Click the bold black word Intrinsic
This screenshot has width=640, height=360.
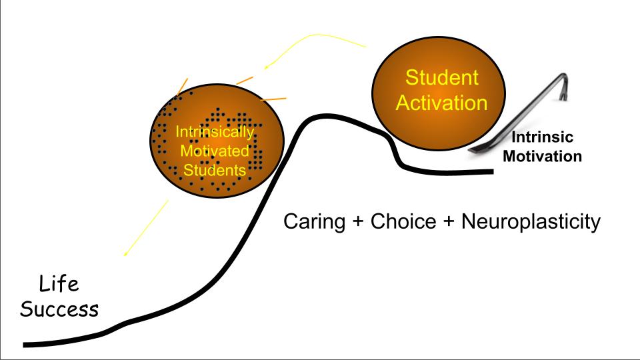542,138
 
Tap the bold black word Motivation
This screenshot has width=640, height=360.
542,157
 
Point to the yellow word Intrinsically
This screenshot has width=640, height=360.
214,132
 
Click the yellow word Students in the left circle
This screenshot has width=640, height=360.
215,170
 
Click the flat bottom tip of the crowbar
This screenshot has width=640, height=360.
472,151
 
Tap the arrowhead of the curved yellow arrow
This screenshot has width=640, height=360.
265,67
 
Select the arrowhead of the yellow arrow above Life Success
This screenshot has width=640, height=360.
125,255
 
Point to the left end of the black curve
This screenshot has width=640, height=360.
25,345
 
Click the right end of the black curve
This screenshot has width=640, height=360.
492,171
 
